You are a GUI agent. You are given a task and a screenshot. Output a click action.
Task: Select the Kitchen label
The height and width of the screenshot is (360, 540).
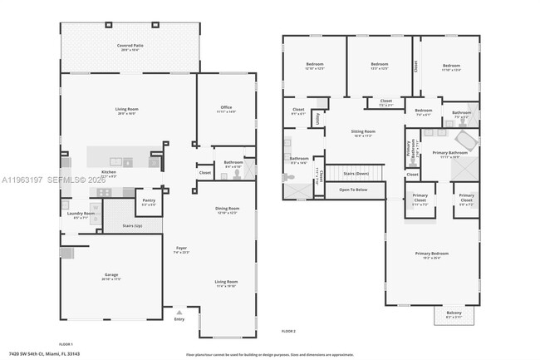[x=109, y=173]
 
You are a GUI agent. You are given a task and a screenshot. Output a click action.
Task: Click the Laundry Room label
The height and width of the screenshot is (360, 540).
[x=81, y=215]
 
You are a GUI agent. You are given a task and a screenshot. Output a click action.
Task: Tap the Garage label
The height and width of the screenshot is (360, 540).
[x=110, y=277]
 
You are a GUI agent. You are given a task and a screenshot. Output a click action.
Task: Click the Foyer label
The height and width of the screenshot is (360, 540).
[x=181, y=249]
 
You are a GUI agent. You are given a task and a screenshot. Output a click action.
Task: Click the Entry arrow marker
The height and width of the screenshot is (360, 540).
[x=179, y=312]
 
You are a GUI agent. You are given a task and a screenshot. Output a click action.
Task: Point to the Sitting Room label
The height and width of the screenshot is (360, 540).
[x=363, y=132]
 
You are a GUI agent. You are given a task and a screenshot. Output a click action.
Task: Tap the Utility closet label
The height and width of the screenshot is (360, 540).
[x=317, y=118]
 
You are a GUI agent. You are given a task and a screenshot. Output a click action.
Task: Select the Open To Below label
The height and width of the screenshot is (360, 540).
[x=354, y=190]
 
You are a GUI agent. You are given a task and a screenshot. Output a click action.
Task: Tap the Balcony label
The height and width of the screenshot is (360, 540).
[x=454, y=314]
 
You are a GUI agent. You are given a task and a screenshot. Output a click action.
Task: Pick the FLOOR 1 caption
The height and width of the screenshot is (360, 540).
[x=66, y=343]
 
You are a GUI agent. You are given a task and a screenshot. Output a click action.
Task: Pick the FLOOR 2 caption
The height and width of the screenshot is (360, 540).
[x=287, y=332]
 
